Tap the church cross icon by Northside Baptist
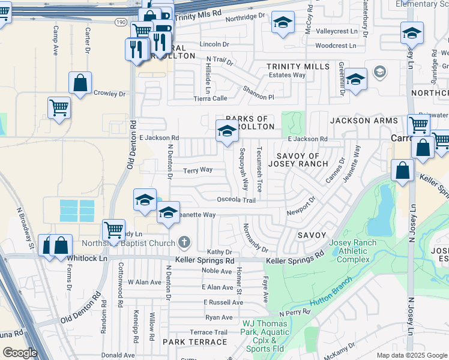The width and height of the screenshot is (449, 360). (x=184, y=242)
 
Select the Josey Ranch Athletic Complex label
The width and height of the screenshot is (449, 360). (x=354, y=251)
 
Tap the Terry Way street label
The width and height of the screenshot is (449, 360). (x=197, y=170)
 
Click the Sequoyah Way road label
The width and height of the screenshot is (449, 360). (x=243, y=170)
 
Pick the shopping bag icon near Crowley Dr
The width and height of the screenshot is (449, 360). (x=80, y=83)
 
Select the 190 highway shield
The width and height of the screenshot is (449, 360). (x=121, y=21)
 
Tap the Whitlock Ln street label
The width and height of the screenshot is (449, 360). (x=87, y=258)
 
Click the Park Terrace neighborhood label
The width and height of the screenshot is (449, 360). (x=194, y=342)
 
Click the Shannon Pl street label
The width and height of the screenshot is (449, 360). (x=258, y=92)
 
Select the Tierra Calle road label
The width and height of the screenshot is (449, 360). (x=210, y=98)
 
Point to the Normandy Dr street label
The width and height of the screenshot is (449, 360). (x=255, y=238)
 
